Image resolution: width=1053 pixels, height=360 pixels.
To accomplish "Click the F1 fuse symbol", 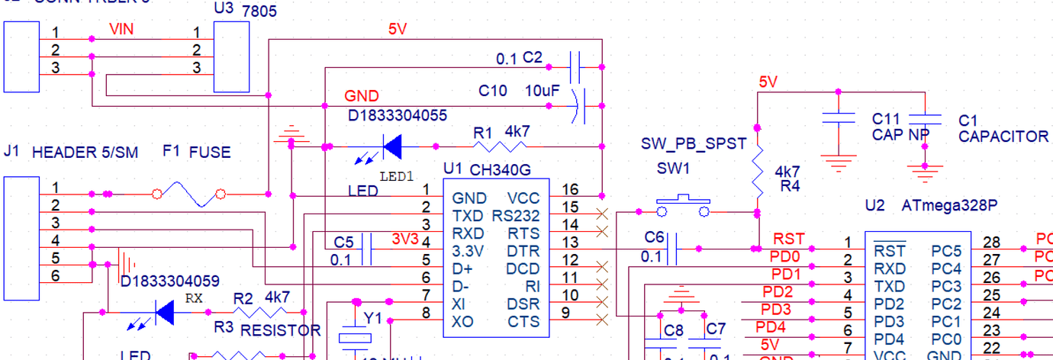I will pyautogui.click(x=188, y=194).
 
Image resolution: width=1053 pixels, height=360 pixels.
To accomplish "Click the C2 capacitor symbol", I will pyautogui.click(x=576, y=65).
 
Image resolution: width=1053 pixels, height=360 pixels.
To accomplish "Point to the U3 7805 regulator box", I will pyautogui.click(x=231, y=56).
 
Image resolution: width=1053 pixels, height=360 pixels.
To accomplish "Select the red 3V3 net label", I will pyautogui.click(x=405, y=239).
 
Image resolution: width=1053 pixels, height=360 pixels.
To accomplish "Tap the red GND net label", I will pyautogui.click(x=361, y=96).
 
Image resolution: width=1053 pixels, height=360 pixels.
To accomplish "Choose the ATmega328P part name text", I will pyautogui.click(x=949, y=206).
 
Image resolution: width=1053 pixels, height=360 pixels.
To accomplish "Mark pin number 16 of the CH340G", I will pyautogui.click(x=570, y=189).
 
